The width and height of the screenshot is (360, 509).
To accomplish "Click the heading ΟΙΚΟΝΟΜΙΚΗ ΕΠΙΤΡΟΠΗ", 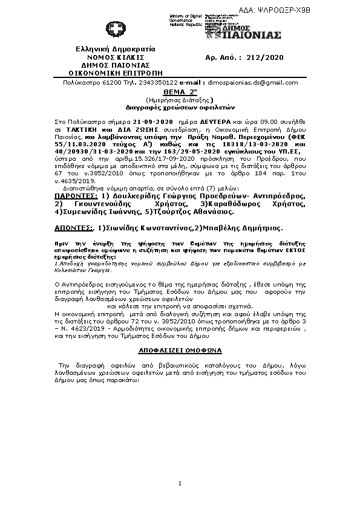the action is [113, 72].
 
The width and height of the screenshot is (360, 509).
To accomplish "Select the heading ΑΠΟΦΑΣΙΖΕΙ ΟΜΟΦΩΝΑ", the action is [180, 350].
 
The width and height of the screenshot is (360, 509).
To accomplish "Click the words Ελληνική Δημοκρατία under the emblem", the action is [115, 49].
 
